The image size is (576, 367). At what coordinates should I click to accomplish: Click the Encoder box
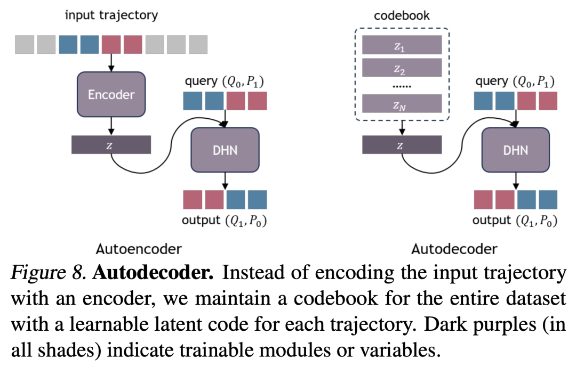coord(111,94)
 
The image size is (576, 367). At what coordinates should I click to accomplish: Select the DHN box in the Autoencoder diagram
coord(225,150)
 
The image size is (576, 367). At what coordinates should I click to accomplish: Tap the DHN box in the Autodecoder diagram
coord(515,150)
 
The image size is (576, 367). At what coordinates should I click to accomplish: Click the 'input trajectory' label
coord(111,14)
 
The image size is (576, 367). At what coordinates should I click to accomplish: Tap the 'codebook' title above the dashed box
coord(402,15)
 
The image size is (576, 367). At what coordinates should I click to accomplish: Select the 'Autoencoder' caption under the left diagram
coord(139,248)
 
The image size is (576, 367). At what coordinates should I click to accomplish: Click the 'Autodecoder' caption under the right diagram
coord(454,248)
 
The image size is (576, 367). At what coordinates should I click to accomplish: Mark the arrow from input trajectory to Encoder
coord(111,63)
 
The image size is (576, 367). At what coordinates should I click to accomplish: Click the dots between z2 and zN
coord(402,85)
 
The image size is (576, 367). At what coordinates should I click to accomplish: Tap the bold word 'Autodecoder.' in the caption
coord(154,274)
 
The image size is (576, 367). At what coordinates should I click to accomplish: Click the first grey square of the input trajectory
coord(25,45)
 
